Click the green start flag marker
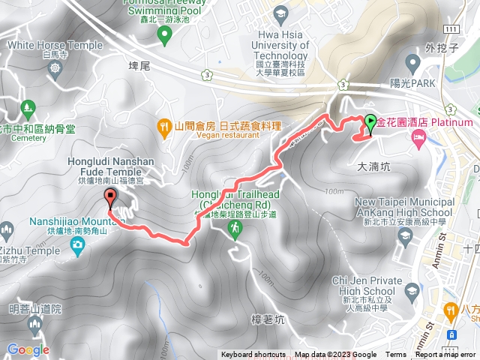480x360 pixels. [371, 121]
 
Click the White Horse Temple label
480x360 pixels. [54, 45]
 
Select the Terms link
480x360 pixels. [396, 355]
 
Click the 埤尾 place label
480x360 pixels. [140, 66]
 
